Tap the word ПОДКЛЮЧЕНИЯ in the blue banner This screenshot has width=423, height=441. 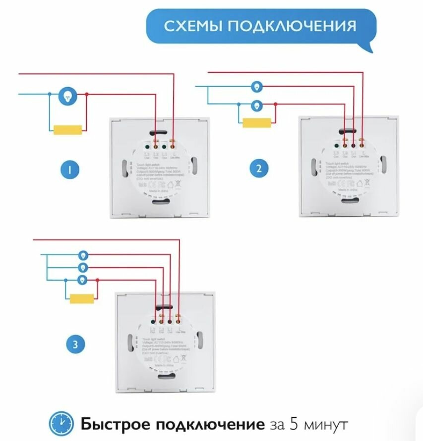(292, 26)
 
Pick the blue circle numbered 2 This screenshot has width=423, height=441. (259, 170)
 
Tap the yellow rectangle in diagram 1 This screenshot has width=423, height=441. (68, 130)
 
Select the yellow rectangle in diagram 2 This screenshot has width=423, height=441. (257, 122)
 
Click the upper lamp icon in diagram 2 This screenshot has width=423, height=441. (256, 87)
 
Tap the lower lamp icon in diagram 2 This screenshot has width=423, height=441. (256, 104)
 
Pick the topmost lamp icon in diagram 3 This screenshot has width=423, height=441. (83, 255)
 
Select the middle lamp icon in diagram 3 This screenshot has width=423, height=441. (83, 268)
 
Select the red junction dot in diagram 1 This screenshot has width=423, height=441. (87, 94)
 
